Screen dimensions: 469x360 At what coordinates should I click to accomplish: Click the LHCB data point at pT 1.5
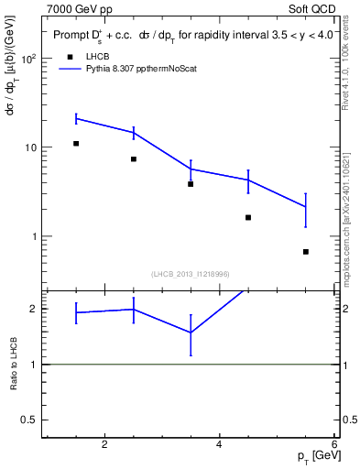click(76, 144)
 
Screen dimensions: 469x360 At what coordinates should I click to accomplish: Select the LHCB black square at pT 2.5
click(134, 159)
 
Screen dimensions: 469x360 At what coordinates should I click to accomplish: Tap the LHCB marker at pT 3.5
click(191, 184)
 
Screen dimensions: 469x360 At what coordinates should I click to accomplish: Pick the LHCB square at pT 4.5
click(248, 218)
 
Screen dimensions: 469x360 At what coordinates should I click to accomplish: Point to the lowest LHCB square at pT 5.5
click(305, 252)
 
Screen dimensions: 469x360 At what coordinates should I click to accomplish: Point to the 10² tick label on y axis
click(30, 59)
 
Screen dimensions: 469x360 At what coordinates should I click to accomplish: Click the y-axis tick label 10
click(33, 147)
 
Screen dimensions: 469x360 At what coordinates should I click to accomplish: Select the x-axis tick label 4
click(219, 445)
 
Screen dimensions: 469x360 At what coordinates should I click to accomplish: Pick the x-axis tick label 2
click(104, 445)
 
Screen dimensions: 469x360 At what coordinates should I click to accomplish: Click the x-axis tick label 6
click(333, 445)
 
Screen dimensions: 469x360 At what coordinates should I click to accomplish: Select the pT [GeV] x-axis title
click(314, 456)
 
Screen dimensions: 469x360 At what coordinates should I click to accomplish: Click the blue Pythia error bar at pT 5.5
click(305, 209)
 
